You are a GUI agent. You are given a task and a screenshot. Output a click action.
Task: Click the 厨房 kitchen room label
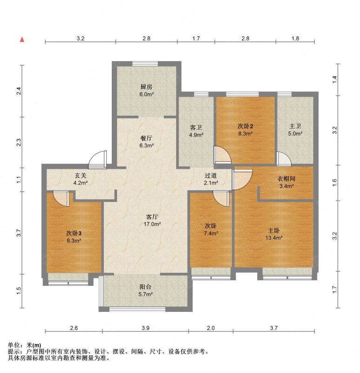click(146, 87)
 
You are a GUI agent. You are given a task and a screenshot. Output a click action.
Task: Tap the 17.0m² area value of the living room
click(152, 224)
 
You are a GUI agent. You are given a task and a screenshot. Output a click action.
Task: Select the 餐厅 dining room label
click(146, 138)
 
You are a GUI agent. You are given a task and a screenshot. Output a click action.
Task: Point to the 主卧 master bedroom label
click(274, 230)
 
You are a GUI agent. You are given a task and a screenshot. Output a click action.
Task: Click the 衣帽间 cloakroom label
click(286, 179)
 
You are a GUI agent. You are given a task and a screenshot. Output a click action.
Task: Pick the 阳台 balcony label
click(145, 287)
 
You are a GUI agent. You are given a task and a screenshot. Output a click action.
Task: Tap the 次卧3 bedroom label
click(74, 233)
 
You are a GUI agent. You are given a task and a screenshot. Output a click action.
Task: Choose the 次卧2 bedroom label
click(245, 126)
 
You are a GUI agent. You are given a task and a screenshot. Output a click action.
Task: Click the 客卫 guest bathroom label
click(196, 128)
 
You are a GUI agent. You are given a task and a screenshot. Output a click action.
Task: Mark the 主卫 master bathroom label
click(295, 126)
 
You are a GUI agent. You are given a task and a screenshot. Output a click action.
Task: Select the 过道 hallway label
click(211, 176)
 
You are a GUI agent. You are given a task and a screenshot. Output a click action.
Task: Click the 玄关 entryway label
click(81, 176)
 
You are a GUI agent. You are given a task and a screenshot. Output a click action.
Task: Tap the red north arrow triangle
click(22, 40)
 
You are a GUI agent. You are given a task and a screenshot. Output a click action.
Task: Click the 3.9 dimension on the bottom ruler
click(145, 328)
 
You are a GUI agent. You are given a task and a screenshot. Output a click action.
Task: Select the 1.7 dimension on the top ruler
click(196, 38)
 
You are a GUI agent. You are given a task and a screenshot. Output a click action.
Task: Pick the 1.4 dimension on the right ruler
click(334, 79)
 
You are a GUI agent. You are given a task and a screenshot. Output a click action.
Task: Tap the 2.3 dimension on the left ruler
click(19, 142)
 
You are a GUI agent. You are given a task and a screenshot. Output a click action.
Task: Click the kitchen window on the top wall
click(145, 63)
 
